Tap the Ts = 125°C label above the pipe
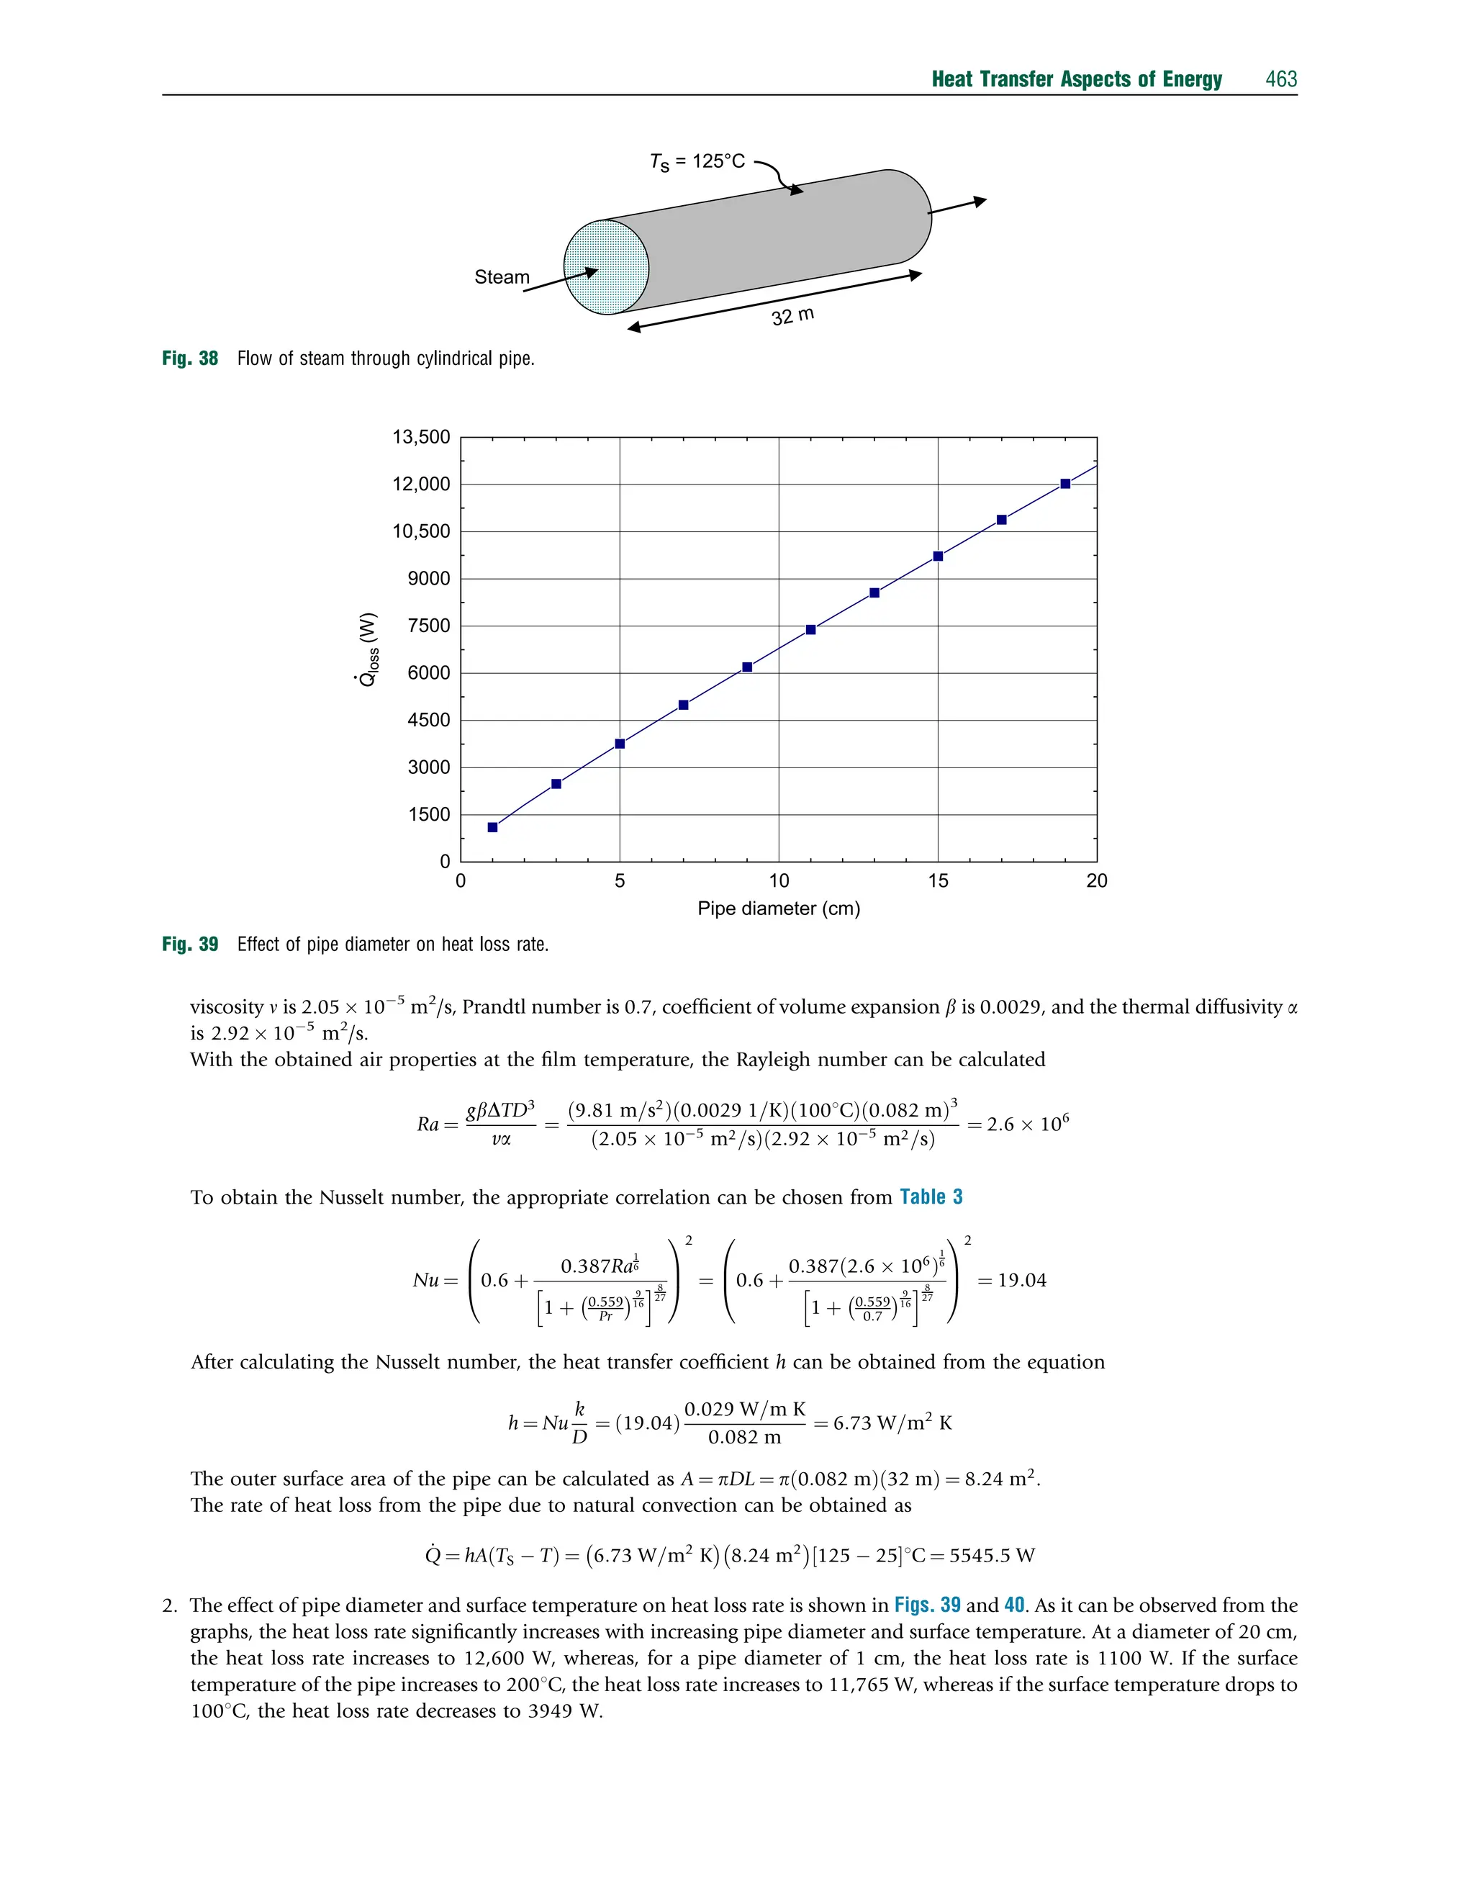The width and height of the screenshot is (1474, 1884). click(x=697, y=161)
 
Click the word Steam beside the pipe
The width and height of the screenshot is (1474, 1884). click(x=502, y=277)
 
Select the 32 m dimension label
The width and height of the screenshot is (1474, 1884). click(x=792, y=316)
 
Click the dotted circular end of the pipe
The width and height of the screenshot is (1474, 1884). click(x=605, y=266)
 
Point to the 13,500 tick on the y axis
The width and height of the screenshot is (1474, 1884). click(x=421, y=437)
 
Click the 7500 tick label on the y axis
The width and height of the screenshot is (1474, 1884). click(x=429, y=626)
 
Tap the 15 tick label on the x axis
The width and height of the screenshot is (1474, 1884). click(x=938, y=881)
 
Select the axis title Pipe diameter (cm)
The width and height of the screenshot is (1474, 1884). click(x=779, y=909)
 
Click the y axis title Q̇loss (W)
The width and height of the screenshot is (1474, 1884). click(x=368, y=649)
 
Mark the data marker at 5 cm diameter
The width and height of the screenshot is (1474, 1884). click(x=620, y=743)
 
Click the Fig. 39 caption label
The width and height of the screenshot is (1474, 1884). click(x=190, y=944)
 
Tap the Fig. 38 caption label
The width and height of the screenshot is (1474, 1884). click(x=190, y=359)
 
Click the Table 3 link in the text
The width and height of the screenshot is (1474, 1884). click(x=931, y=1197)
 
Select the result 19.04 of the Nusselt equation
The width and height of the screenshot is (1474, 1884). click(x=1022, y=1280)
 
